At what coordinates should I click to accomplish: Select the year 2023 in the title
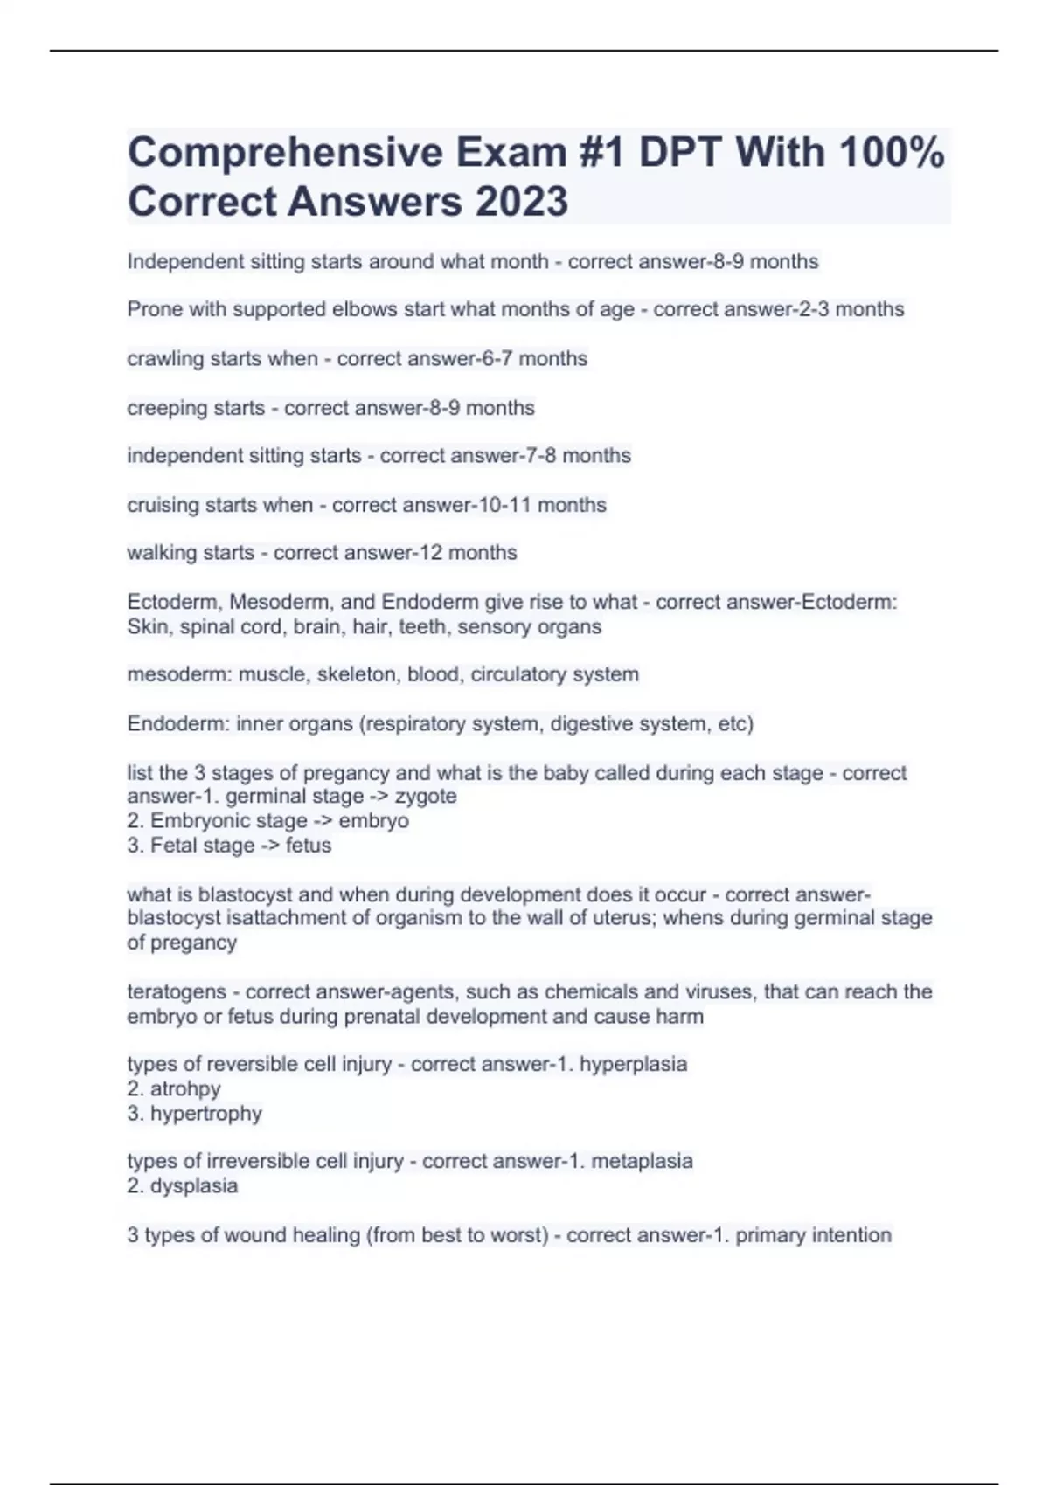pyautogui.click(x=522, y=202)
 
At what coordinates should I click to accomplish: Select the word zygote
pyautogui.click(x=426, y=797)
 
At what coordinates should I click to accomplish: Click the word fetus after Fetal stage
pyautogui.click(x=309, y=846)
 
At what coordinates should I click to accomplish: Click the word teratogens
pyautogui.click(x=177, y=992)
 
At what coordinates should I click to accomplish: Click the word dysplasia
pyautogui.click(x=194, y=1186)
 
